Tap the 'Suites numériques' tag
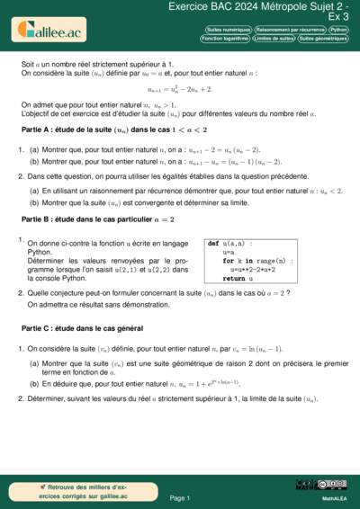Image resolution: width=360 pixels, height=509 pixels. [227, 30]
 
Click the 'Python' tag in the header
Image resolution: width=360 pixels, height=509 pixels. [338, 30]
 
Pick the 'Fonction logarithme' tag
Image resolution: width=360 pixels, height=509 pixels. [224, 40]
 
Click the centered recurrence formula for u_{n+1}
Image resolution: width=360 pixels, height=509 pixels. [180, 90]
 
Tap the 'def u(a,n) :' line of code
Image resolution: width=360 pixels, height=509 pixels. [230, 244]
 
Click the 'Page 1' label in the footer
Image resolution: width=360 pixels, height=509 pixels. [180, 497]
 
